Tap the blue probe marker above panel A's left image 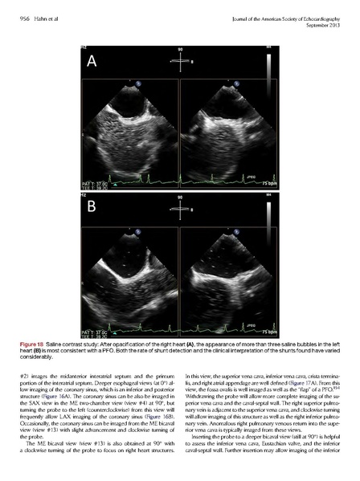click(x=139, y=82)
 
